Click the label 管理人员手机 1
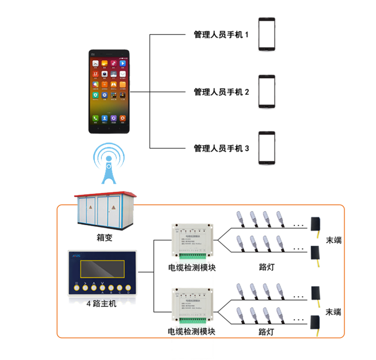(x=221, y=35)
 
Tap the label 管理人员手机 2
(x=221, y=92)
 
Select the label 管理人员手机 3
(x=221, y=148)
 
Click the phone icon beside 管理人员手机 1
(x=267, y=34)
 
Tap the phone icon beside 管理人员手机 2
(x=267, y=91)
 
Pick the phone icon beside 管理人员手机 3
(x=267, y=148)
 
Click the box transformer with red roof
(x=104, y=210)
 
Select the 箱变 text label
(x=104, y=238)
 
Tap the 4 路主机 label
(x=101, y=303)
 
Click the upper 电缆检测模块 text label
(x=192, y=267)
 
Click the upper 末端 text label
(x=334, y=240)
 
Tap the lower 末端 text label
(x=334, y=312)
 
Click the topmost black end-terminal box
(x=316, y=223)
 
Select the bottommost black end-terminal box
(x=315, y=322)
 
